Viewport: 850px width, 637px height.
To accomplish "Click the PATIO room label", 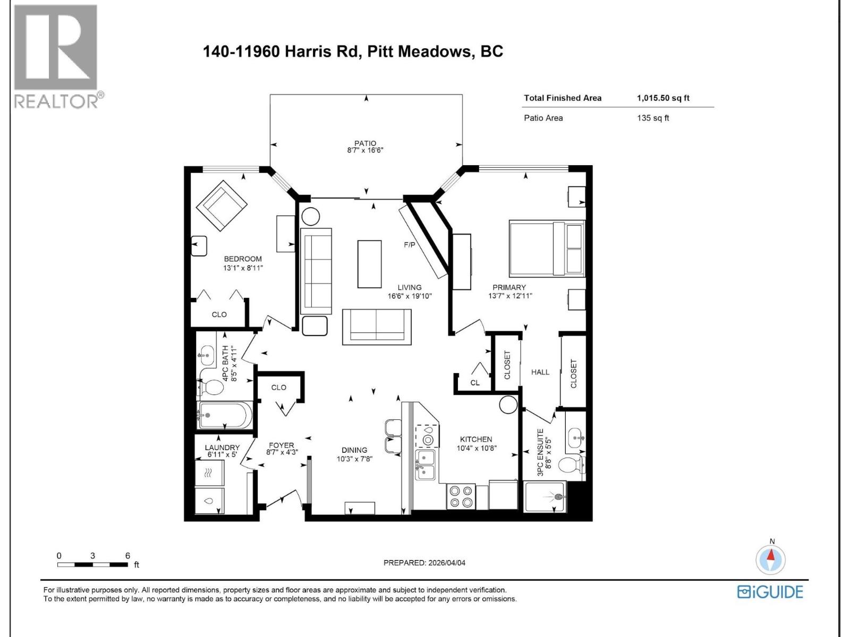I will (x=365, y=143).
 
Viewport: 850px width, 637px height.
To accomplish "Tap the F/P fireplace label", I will (x=409, y=245).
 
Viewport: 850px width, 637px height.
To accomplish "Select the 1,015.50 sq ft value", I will (x=663, y=98).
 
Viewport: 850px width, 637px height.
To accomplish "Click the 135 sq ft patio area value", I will (x=653, y=118).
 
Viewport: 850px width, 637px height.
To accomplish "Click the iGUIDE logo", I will (x=770, y=592).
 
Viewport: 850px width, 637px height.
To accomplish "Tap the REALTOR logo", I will (x=56, y=56).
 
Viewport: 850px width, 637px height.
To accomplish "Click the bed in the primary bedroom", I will (x=547, y=248).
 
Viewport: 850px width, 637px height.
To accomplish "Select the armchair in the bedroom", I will (x=222, y=206).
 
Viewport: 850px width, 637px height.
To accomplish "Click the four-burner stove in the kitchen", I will (x=461, y=496).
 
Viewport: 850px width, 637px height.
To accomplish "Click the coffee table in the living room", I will (x=369, y=264).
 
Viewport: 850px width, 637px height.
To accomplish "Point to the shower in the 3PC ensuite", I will (x=545, y=497).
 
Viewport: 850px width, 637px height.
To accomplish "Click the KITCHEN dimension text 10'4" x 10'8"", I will (x=476, y=448).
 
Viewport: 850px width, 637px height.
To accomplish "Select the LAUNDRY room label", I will (x=222, y=447).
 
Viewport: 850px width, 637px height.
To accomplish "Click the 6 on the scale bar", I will (x=127, y=556).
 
